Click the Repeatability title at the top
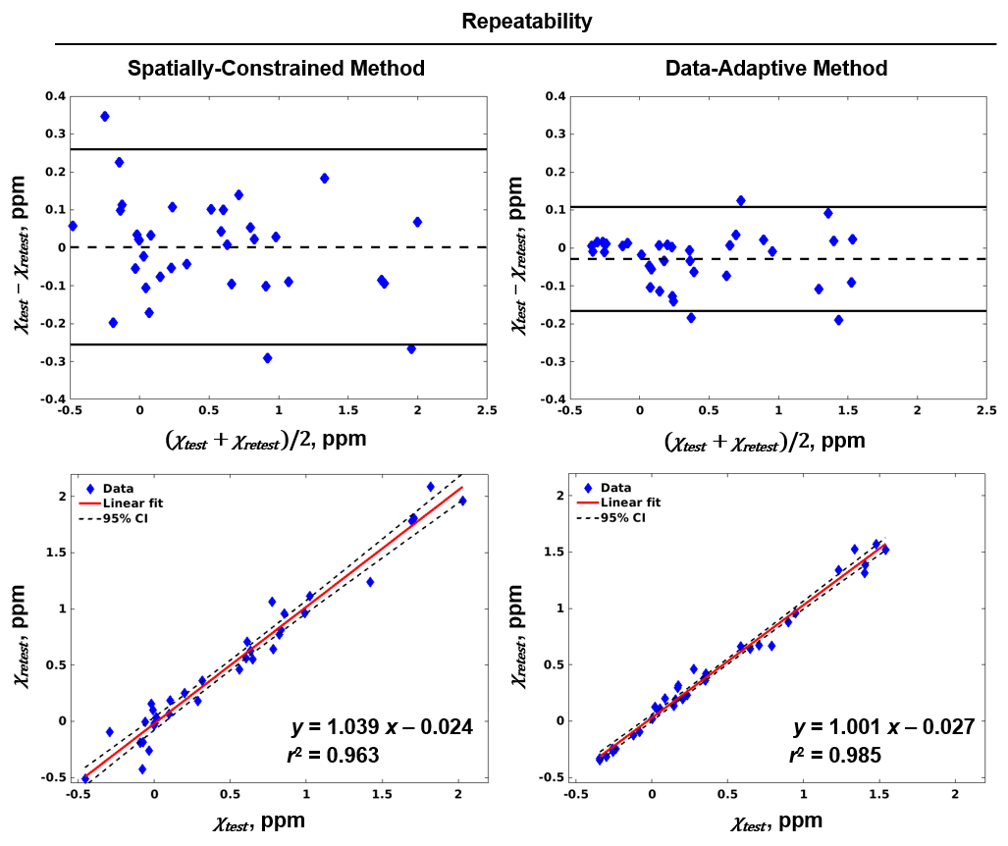(527, 21)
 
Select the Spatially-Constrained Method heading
(276, 69)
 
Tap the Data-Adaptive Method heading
(776, 69)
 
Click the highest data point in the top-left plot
(105, 117)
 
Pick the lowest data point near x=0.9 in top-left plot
(267, 358)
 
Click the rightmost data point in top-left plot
(417, 222)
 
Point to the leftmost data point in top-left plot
(73, 226)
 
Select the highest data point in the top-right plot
(741, 200)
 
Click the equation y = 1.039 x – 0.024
(383, 727)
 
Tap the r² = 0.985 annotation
(835, 756)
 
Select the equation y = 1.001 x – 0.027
(883, 727)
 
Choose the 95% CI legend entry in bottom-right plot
(622, 517)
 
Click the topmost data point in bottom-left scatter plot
(430, 487)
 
